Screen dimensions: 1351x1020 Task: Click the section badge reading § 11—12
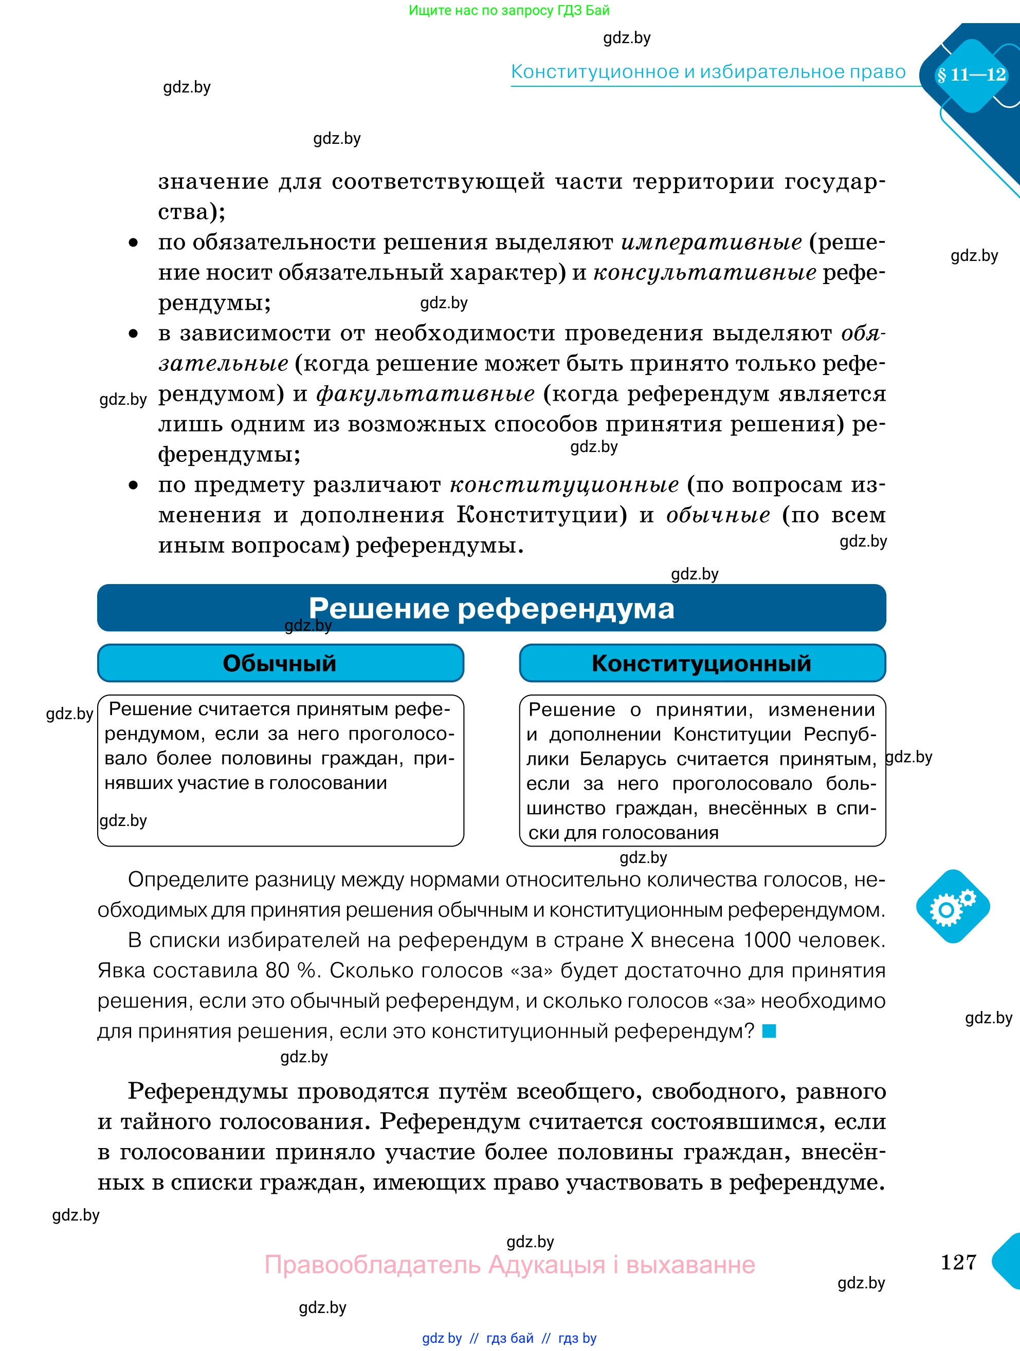click(x=971, y=75)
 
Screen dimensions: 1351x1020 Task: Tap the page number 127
click(x=958, y=1262)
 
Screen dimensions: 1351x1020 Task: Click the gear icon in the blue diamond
click(x=952, y=907)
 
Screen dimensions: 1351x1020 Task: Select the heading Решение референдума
click(x=491, y=608)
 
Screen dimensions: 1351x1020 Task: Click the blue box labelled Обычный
click(x=280, y=663)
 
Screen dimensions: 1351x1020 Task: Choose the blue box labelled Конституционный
click(x=702, y=663)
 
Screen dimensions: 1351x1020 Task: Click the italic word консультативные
click(x=705, y=272)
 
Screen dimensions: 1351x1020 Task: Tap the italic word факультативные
click(x=425, y=394)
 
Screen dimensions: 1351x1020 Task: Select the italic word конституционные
click(x=564, y=485)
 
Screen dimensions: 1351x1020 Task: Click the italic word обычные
click(x=718, y=515)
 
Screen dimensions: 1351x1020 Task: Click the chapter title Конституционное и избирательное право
click(x=708, y=72)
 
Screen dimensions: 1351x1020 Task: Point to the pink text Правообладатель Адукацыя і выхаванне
click(x=509, y=1264)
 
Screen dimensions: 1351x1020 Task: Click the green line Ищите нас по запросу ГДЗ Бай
click(x=508, y=10)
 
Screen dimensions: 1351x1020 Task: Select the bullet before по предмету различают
click(x=133, y=485)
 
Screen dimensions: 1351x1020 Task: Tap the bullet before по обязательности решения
click(x=133, y=243)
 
